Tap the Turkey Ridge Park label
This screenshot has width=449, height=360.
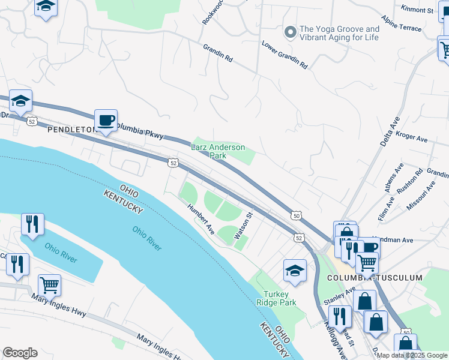(280, 299)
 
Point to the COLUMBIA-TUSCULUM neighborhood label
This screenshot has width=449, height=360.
(374, 278)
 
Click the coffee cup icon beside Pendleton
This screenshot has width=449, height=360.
(106, 121)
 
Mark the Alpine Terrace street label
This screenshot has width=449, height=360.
(418, 28)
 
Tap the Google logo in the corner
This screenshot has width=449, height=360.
(20, 353)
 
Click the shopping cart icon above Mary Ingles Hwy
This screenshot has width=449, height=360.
(49, 286)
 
